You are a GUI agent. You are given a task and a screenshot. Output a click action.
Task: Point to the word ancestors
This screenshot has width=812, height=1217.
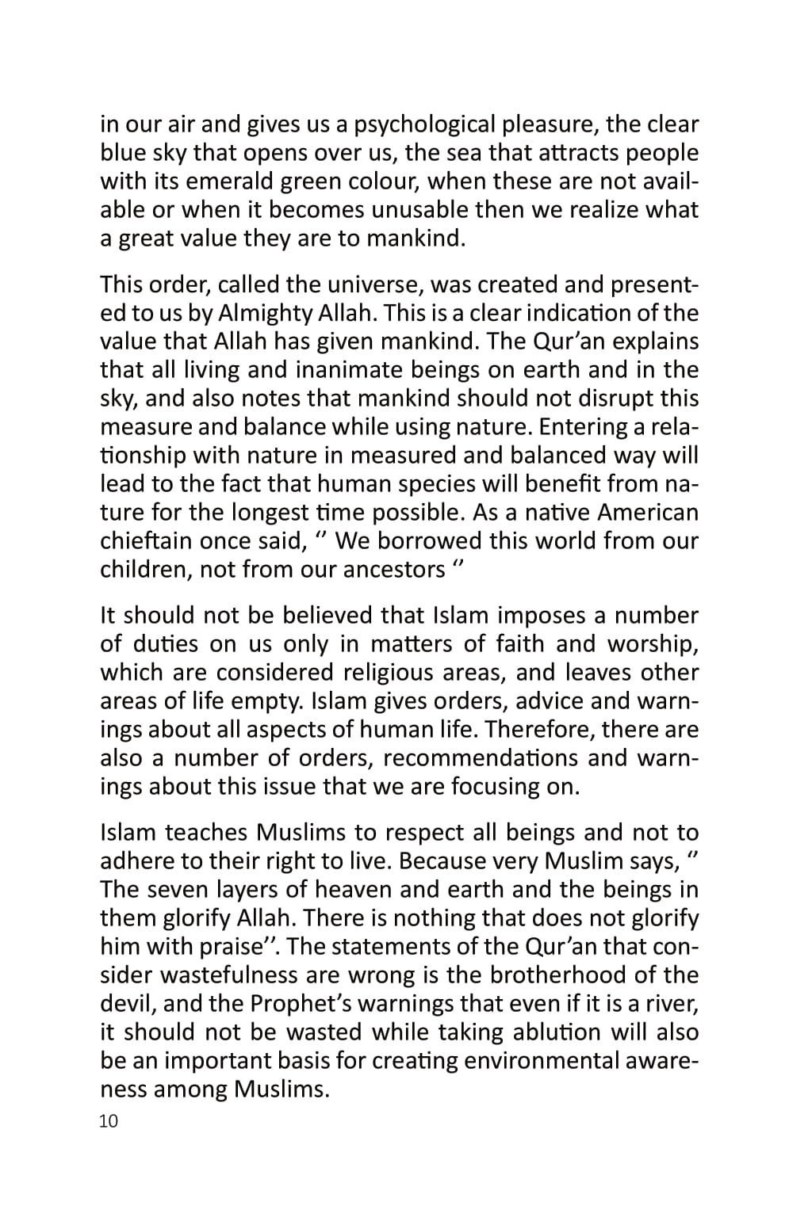tap(393, 570)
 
